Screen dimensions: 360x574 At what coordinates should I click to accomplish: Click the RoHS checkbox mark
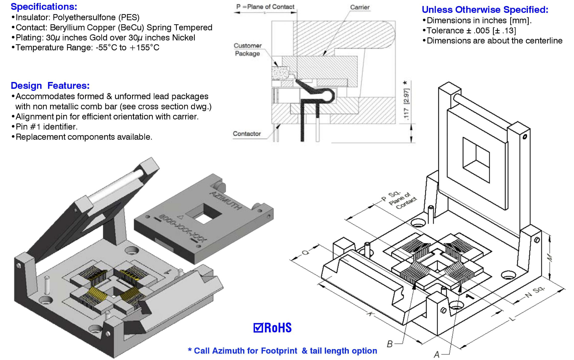click(x=258, y=328)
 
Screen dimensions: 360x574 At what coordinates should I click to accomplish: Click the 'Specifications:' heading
click(x=44, y=6)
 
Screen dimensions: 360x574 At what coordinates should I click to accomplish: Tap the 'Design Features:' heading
click(x=50, y=86)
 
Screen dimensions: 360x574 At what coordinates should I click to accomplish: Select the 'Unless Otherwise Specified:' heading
click(x=485, y=10)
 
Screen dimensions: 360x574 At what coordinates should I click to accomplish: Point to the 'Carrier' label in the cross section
click(x=360, y=7)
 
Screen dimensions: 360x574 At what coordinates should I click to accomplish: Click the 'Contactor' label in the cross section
click(x=246, y=134)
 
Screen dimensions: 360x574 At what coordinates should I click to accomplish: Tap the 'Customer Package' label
click(x=247, y=50)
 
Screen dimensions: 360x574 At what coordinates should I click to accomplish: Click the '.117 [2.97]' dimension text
click(x=406, y=104)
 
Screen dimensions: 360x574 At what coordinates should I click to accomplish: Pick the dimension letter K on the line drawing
click(x=370, y=314)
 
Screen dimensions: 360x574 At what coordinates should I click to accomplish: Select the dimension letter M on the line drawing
click(x=549, y=258)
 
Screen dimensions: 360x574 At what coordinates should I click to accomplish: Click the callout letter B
click(x=390, y=344)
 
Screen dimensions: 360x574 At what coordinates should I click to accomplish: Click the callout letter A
click(x=436, y=354)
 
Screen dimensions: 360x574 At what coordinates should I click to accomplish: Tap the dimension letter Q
click(x=305, y=252)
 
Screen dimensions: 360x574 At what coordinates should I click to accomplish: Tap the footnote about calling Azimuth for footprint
click(x=282, y=351)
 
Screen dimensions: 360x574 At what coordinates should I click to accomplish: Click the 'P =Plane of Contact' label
click(x=265, y=7)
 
